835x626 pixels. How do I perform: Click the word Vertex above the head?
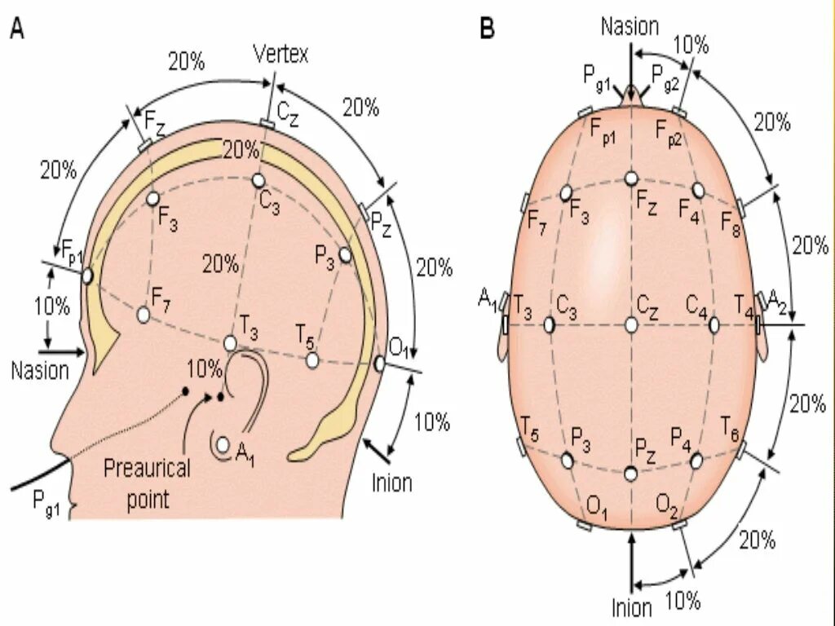point(281,55)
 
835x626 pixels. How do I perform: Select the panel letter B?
point(487,29)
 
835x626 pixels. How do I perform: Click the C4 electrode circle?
point(714,325)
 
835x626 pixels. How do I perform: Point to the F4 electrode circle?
point(698,189)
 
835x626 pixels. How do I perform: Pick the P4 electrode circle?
point(696,461)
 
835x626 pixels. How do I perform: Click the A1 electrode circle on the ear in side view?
point(223,445)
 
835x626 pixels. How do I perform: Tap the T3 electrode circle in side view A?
point(230,343)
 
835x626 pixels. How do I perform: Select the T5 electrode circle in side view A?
point(312,359)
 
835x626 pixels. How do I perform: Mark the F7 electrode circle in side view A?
point(144,314)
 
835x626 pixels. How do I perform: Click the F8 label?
point(731,223)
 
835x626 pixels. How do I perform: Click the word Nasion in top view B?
point(630,26)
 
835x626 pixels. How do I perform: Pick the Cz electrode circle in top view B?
point(631,325)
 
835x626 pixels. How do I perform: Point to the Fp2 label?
point(672,131)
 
